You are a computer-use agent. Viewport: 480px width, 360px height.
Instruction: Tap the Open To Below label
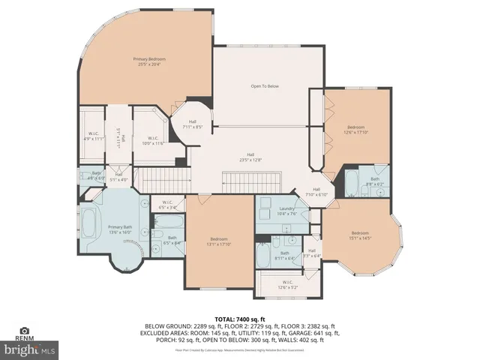coord(264,86)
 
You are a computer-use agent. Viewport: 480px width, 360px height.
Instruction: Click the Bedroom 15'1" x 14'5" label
coord(361,235)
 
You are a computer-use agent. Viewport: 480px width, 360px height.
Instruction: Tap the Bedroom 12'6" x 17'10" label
coord(355,129)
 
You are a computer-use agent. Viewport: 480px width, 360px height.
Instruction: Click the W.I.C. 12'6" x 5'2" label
coord(287,283)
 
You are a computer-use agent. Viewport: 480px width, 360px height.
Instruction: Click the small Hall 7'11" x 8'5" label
coord(192,124)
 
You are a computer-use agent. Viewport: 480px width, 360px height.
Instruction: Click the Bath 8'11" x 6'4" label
coord(284,254)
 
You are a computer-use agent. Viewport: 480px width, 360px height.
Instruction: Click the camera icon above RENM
coord(25,331)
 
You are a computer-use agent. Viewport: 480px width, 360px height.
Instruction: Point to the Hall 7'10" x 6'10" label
coord(316,191)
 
